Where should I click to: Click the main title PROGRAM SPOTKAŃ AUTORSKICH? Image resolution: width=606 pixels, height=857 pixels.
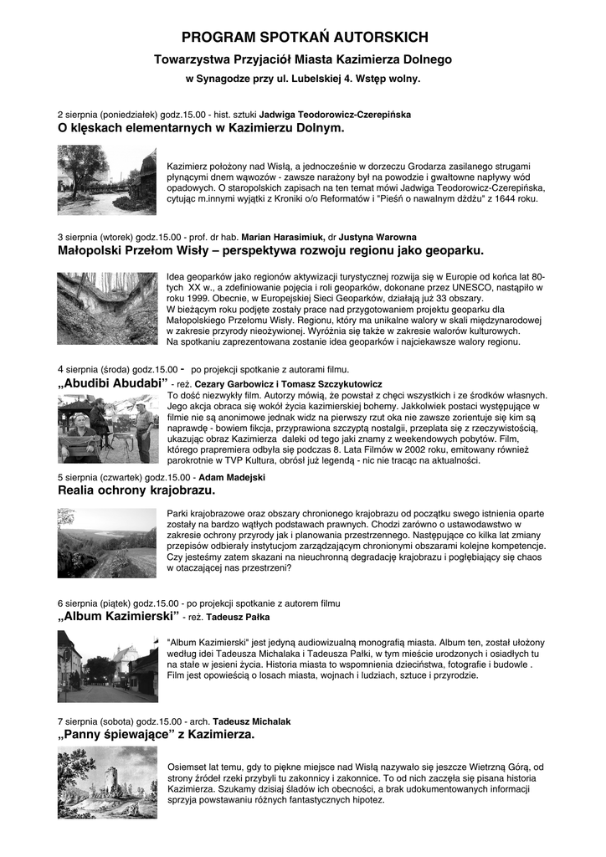305,38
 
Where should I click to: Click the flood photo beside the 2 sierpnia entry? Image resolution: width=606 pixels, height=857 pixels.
106,180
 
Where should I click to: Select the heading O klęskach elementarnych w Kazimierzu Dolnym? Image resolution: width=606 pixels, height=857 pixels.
201,129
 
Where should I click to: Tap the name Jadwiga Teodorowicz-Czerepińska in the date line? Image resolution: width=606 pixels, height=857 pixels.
335,114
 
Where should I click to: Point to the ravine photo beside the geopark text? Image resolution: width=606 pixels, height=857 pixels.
106,308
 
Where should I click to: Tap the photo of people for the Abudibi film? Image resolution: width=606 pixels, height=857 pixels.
106,428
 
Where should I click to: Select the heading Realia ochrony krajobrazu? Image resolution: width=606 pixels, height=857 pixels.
136,490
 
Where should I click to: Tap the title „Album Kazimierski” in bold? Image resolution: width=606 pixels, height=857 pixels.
120,616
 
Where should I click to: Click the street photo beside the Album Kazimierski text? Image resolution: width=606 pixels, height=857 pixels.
106,666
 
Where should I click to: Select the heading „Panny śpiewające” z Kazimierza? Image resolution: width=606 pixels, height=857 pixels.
156,735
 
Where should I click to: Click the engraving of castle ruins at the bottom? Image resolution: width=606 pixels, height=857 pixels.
106,783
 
